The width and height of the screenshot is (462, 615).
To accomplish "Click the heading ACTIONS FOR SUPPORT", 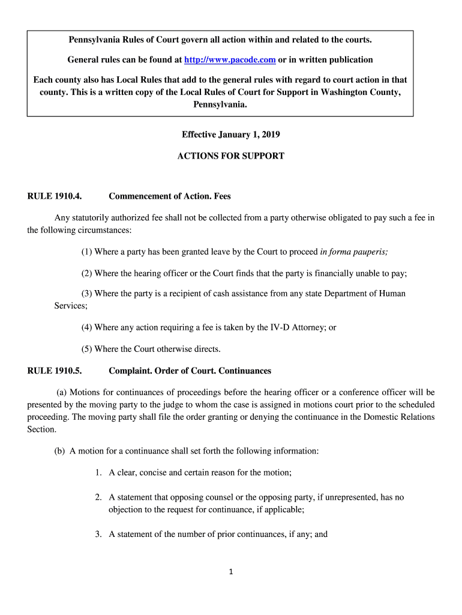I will click(x=230, y=156).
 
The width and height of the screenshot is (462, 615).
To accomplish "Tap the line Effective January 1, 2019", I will click(x=231, y=135).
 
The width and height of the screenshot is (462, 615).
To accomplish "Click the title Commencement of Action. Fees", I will click(x=170, y=196).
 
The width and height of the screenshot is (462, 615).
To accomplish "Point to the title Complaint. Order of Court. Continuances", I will click(x=190, y=371).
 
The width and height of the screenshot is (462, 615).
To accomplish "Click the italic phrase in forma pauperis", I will click(x=354, y=252).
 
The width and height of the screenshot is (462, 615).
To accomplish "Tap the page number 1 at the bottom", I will click(x=230, y=571).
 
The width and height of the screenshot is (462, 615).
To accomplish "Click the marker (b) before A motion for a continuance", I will click(x=59, y=451).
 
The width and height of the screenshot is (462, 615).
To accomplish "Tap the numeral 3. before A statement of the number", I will click(x=99, y=533).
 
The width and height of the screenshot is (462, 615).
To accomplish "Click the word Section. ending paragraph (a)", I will click(x=42, y=429).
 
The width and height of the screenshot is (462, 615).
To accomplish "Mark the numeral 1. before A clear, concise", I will click(x=99, y=473).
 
